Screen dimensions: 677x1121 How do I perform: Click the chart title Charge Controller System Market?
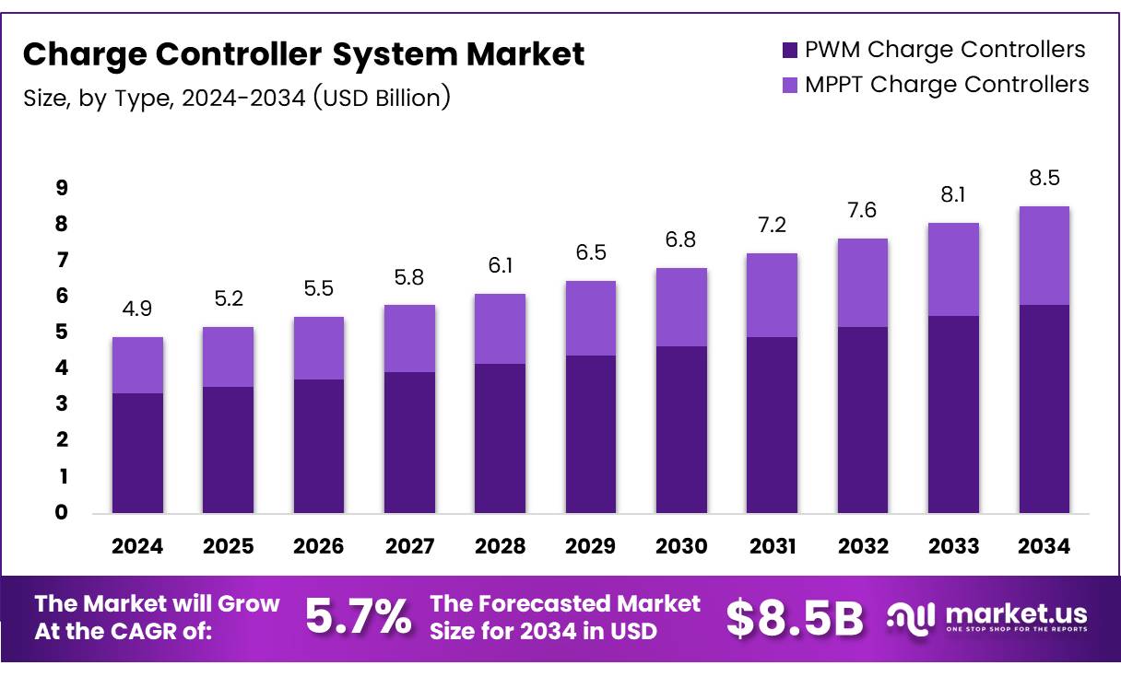tap(303, 54)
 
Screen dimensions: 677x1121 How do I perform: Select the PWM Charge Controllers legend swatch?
tap(788, 50)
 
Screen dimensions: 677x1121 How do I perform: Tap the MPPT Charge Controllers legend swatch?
tap(788, 85)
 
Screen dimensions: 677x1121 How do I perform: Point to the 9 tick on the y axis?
tap(62, 188)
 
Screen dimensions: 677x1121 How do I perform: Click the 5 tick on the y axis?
tap(62, 333)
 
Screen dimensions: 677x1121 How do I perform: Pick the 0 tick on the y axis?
tap(62, 513)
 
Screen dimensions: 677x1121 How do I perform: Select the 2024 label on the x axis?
tap(137, 546)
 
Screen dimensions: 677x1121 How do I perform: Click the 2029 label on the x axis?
tap(591, 546)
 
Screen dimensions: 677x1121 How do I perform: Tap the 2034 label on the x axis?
tap(1044, 546)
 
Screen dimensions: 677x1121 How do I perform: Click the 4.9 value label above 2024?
tap(137, 309)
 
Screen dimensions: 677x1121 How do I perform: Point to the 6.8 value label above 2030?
tap(681, 240)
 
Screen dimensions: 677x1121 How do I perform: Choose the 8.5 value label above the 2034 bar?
tap(1044, 178)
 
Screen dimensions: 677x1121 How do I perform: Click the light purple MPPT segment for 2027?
tap(409, 338)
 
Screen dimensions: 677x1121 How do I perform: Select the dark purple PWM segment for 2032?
tap(863, 420)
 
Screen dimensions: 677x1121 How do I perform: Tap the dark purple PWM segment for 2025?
tap(228, 449)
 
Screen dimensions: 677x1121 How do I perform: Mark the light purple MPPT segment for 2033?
tap(953, 269)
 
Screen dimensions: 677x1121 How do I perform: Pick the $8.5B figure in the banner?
tap(794, 618)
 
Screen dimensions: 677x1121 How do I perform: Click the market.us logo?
tap(986, 617)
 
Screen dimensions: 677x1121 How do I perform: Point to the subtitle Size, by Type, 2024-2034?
tap(237, 97)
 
